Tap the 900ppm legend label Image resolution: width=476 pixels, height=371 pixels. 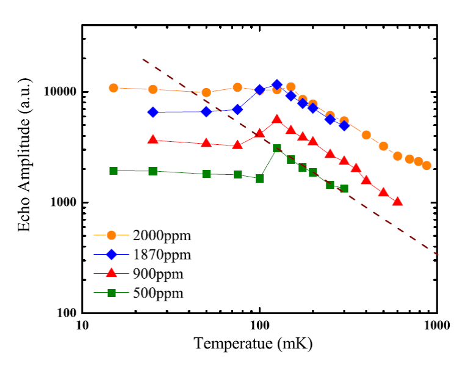(158, 273)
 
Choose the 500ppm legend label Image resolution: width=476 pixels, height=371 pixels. (158, 293)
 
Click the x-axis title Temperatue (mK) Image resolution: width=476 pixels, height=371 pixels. (253, 344)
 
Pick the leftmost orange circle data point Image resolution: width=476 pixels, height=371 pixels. (114, 88)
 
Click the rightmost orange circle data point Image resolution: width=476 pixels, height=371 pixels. (427, 166)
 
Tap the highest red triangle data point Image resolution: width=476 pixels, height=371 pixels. (276, 120)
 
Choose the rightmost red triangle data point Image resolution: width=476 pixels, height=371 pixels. (397, 202)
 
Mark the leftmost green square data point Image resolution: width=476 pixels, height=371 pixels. (114, 171)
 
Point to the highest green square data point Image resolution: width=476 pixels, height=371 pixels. (276, 149)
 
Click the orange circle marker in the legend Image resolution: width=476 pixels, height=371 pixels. (112, 234)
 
